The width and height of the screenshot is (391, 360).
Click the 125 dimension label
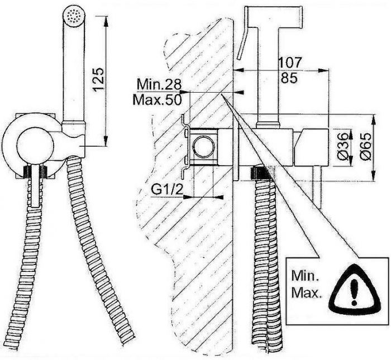click(x=97, y=79)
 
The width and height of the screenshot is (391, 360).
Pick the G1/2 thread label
click(x=166, y=189)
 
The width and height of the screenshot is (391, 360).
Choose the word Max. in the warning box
click(x=306, y=294)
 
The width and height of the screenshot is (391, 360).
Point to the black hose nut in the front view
click(x=37, y=170)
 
